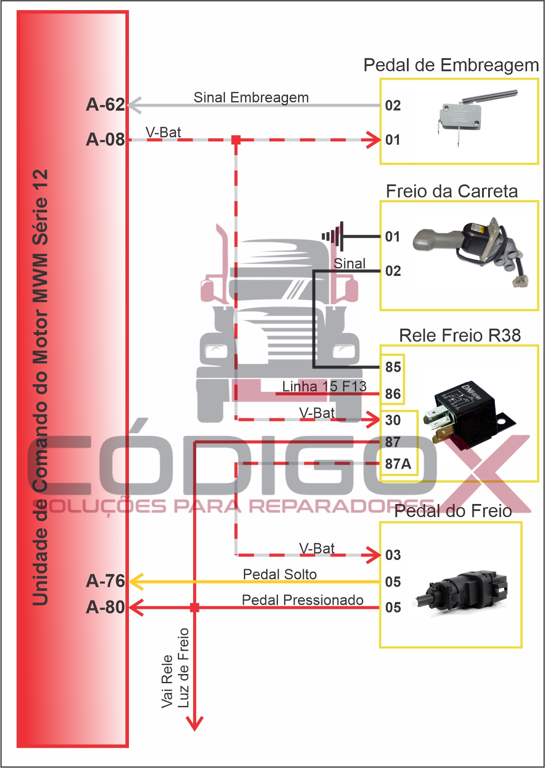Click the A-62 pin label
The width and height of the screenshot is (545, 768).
click(x=105, y=105)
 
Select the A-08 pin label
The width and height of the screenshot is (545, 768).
click(x=105, y=140)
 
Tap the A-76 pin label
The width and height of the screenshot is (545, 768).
click(x=105, y=581)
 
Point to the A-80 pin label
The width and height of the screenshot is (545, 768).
click(x=105, y=608)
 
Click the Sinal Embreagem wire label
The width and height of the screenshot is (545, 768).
click(x=251, y=97)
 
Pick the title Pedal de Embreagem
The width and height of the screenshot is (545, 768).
click(x=451, y=66)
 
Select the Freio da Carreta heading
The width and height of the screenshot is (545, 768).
click(x=451, y=191)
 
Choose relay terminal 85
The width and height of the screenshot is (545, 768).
click(x=393, y=367)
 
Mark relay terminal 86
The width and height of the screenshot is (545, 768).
click(x=393, y=394)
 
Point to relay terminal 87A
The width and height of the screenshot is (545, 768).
click(x=398, y=464)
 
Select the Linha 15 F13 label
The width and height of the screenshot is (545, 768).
click(x=324, y=386)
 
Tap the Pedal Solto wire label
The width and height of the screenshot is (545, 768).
click(x=280, y=574)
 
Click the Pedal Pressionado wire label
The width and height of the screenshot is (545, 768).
click(x=302, y=600)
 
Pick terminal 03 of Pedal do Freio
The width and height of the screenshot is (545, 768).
click(x=393, y=555)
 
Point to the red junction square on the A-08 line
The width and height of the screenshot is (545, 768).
click(x=236, y=140)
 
